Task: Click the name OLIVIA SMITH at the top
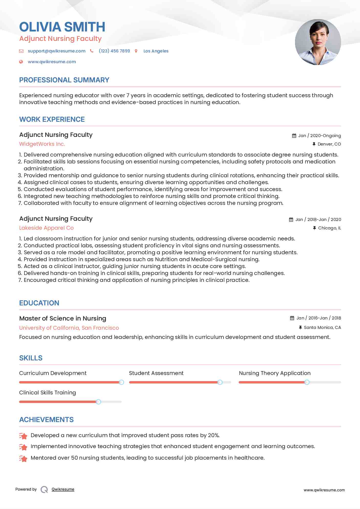coord(62,27)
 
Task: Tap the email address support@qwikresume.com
coord(57,51)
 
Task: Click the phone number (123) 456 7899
coord(114,51)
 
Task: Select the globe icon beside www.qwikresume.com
coord(21,62)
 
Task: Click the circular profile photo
coord(318,42)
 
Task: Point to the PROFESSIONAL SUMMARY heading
coord(64,80)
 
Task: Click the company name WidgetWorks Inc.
coord(42,144)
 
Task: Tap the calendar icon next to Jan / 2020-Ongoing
coord(294,136)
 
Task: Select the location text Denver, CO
coord(329,144)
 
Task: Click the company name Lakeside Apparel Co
coord(46,228)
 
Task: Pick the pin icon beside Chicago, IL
coord(314,228)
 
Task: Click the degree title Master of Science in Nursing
coord(63,318)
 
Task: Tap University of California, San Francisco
coord(69,328)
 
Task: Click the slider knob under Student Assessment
coord(220,382)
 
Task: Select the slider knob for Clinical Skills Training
coord(99,402)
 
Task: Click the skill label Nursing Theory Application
coord(275,373)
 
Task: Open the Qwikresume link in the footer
coord(63,489)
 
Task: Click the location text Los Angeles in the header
coord(156,51)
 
